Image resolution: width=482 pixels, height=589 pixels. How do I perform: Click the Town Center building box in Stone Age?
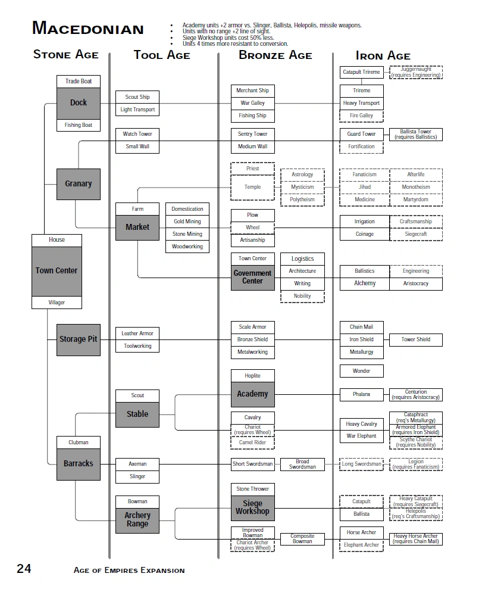[57, 270]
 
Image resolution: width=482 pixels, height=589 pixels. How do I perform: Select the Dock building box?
[79, 103]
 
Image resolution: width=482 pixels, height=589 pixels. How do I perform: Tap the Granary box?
[79, 184]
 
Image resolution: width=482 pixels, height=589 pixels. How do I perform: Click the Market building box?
[137, 227]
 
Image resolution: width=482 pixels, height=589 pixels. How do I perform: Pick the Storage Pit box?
[79, 339]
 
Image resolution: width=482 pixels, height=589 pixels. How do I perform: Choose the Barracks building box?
[79, 463]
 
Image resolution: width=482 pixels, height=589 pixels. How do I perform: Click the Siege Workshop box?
[252, 507]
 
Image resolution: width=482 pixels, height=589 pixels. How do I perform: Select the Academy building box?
[252, 394]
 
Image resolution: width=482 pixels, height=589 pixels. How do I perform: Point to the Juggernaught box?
[416, 72]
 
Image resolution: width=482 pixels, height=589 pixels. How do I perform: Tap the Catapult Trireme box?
[361, 72]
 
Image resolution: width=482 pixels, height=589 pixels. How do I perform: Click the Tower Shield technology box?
[416, 339]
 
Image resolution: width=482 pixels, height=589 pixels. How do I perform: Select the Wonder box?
[361, 371]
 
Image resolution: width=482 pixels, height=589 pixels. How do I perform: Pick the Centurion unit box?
[416, 394]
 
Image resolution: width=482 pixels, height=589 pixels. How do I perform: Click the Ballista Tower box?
[416, 135]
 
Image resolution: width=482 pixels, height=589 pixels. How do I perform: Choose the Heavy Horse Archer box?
[416, 538]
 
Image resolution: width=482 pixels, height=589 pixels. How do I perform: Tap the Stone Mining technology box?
[187, 234]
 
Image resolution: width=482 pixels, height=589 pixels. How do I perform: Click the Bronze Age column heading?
[275, 55]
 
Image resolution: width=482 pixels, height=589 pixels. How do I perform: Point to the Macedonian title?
[87, 28]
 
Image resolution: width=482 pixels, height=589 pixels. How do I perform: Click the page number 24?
[24, 569]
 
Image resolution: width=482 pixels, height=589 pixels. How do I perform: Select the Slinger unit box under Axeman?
[137, 476]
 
